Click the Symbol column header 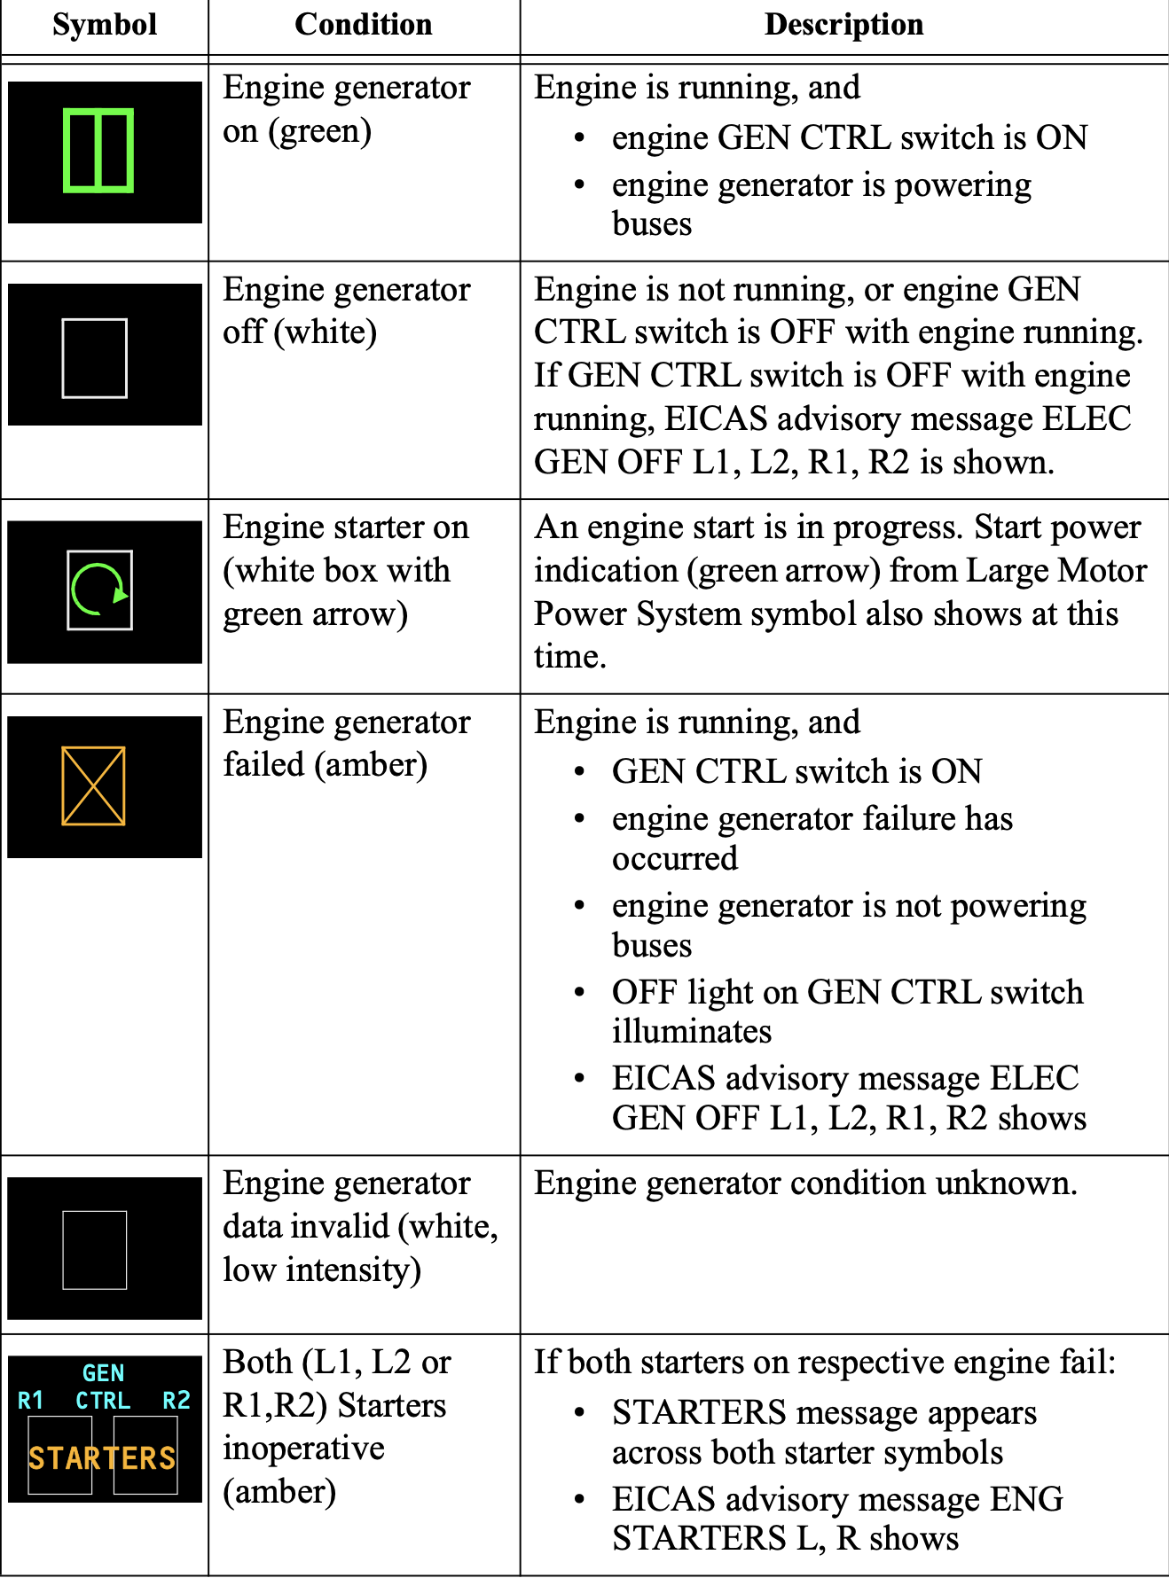click(105, 25)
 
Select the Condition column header click(364, 25)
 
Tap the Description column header click(843, 25)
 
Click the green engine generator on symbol click(98, 151)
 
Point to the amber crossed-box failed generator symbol click(93, 786)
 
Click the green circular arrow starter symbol click(99, 590)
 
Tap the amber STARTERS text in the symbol click(102, 1458)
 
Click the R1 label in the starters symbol click(31, 1401)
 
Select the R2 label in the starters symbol click(177, 1401)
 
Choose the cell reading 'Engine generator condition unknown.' click(805, 1183)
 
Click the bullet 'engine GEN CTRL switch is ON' click(849, 137)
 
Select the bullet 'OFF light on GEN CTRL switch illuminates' click(847, 1012)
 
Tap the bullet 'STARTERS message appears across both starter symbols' click(824, 1432)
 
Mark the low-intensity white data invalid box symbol click(95, 1250)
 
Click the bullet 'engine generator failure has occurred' click(812, 838)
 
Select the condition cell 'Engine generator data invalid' click(359, 1226)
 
